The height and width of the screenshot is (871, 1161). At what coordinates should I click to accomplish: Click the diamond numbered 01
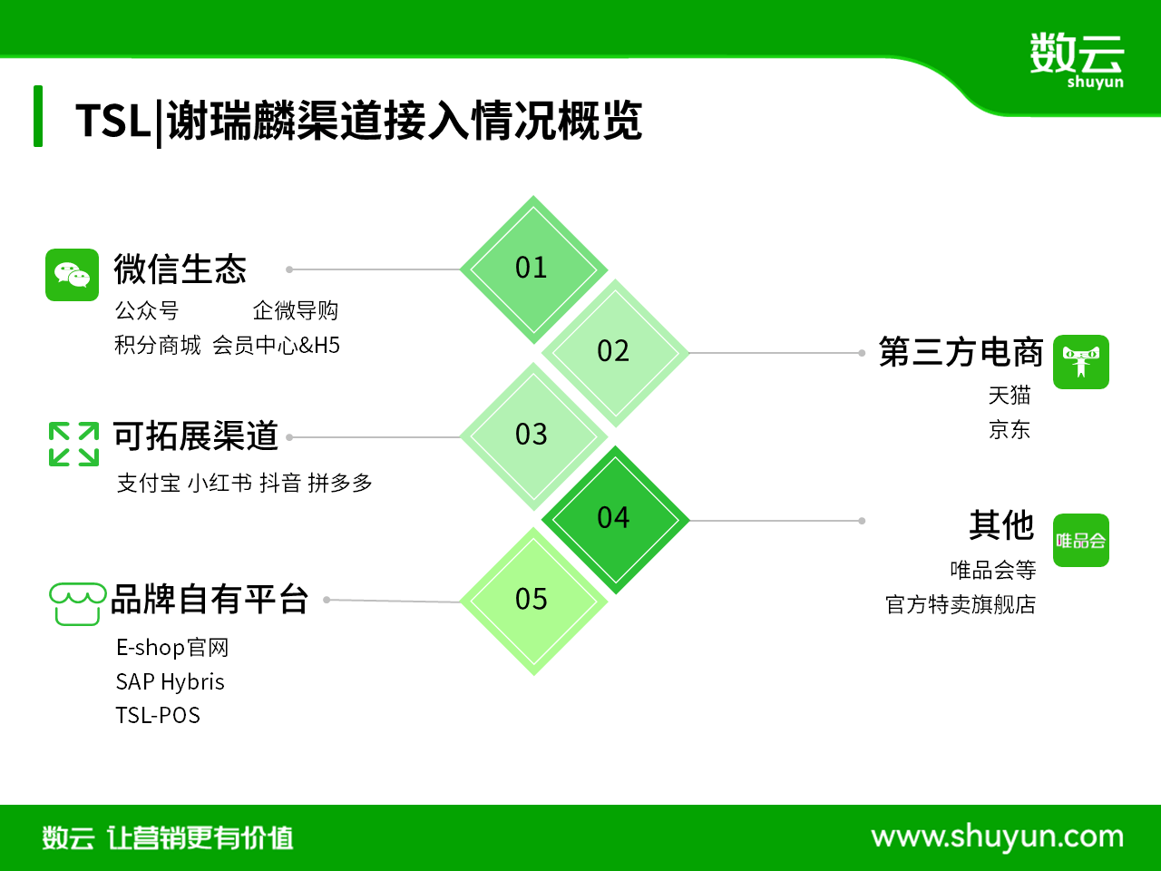(x=533, y=269)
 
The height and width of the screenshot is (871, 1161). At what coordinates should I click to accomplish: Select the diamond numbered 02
(x=615, y=353)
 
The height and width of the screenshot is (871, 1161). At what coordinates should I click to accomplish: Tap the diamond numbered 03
(x=533, y=436)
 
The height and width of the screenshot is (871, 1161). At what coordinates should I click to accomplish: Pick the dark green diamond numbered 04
(x=615, y=520)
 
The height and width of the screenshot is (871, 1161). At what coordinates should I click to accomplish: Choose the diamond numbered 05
(x=533, y=602)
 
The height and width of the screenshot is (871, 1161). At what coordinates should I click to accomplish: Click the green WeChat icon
(x=72, y=275)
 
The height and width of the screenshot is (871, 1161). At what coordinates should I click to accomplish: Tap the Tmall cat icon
(x=1080, y=362)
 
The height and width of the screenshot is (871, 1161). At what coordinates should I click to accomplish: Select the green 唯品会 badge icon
(x=1080, y=540)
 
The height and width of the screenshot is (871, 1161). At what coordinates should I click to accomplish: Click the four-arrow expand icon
(x=73, y=445)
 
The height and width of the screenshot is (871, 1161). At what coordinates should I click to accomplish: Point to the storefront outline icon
(x=77, y=604)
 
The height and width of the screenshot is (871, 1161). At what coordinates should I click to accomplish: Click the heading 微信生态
(x=180, y=269)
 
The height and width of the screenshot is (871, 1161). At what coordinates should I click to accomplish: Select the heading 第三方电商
(x=961, y=352)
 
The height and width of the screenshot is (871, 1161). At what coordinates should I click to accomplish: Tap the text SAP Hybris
(x=170, y=681)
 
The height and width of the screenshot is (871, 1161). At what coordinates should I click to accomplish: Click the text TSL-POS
(x=158, y=716)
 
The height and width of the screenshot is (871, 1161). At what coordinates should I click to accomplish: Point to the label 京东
(x=1010, y=429)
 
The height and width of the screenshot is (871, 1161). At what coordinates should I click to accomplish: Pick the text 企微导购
(x=295, y=310)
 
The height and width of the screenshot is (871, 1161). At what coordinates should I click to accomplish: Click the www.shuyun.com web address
(x=998, y=837)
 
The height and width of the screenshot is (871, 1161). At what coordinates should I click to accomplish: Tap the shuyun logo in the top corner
(x=1077, y=60)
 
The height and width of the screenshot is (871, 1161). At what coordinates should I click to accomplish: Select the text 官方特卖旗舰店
(x=961, y=604)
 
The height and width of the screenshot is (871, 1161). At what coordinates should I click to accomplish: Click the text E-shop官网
(x=172, y=647)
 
